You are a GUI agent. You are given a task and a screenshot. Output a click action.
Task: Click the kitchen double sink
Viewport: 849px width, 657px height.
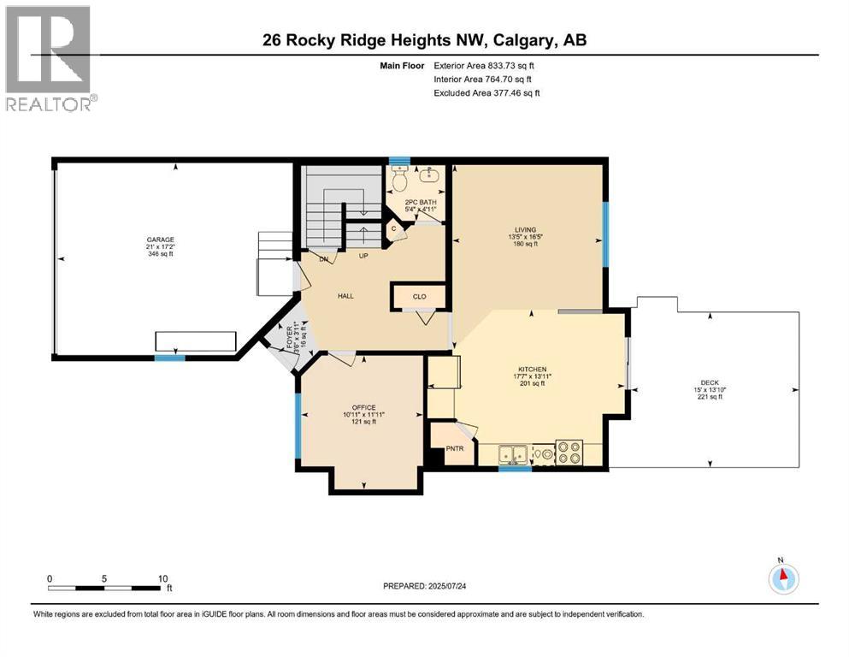(514, 453)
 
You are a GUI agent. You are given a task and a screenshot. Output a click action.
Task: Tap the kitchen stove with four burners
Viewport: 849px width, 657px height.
(569, 451)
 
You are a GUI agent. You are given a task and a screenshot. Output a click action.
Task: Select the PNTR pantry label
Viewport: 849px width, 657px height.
(454, 447)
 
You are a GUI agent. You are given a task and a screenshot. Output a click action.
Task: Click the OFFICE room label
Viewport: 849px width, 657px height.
(363, 407)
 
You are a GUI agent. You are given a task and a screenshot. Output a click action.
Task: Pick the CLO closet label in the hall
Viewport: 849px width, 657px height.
(419, 297)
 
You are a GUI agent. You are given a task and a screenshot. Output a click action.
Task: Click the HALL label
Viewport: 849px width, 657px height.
(345, 296)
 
